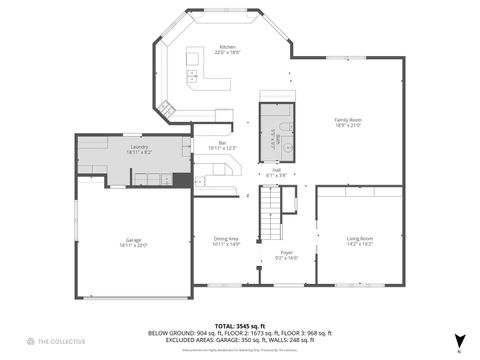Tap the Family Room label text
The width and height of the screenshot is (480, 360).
tap(348, 119)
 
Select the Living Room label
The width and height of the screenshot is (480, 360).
tap(360, 237)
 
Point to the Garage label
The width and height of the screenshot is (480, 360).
tap(134, 238)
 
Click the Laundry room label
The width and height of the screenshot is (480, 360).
tap(140, 147)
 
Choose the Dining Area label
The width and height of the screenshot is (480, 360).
tap(226, 238)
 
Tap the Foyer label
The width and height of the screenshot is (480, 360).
tap(286, 252)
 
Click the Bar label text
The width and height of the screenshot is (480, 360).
tap(222, 142)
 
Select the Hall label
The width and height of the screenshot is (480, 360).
tap(276, 170)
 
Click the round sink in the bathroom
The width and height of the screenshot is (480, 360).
tap(287, 147)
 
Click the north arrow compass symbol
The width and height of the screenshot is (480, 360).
tap(459, 340)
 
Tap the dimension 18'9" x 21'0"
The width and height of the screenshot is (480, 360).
tap(348, 125)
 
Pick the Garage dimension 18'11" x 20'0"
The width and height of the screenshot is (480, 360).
tap(134, 244)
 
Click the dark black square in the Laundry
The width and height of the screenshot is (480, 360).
tap(181, 180)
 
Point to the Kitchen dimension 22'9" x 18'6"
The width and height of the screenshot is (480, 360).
tap(228, 52)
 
